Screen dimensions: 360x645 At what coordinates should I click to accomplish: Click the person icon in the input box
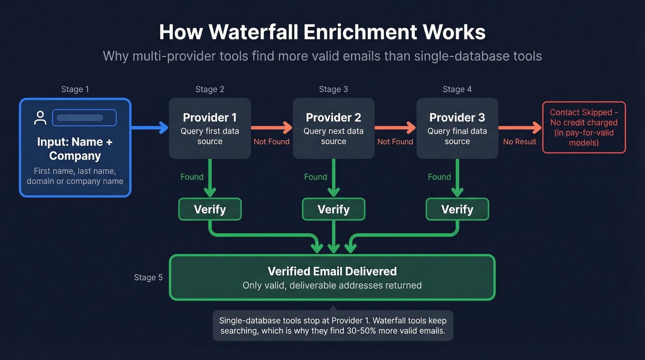41,118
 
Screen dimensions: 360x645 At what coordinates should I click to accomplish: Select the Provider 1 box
210,128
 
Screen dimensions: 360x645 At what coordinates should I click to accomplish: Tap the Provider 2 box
333,128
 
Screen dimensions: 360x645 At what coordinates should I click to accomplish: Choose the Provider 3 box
457,128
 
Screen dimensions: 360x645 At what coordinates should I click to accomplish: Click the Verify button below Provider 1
210,209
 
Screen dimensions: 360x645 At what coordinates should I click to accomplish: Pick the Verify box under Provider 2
333,209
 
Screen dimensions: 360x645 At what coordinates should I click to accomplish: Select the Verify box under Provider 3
457,209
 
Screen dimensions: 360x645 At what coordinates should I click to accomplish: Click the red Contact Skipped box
584,127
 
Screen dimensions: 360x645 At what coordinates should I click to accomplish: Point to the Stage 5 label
148,277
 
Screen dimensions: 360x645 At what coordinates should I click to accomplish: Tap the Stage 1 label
75,89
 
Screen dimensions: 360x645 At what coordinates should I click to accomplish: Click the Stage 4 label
457,89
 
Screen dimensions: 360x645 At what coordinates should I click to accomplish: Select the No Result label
519,142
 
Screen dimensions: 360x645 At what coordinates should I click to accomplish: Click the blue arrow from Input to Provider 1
150,127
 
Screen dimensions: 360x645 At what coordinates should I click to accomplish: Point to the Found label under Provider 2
316,177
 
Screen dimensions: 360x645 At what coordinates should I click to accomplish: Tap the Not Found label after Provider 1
271,142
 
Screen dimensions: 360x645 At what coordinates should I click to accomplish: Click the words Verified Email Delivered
332,271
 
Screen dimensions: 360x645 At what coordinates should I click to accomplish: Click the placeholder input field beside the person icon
84,118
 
